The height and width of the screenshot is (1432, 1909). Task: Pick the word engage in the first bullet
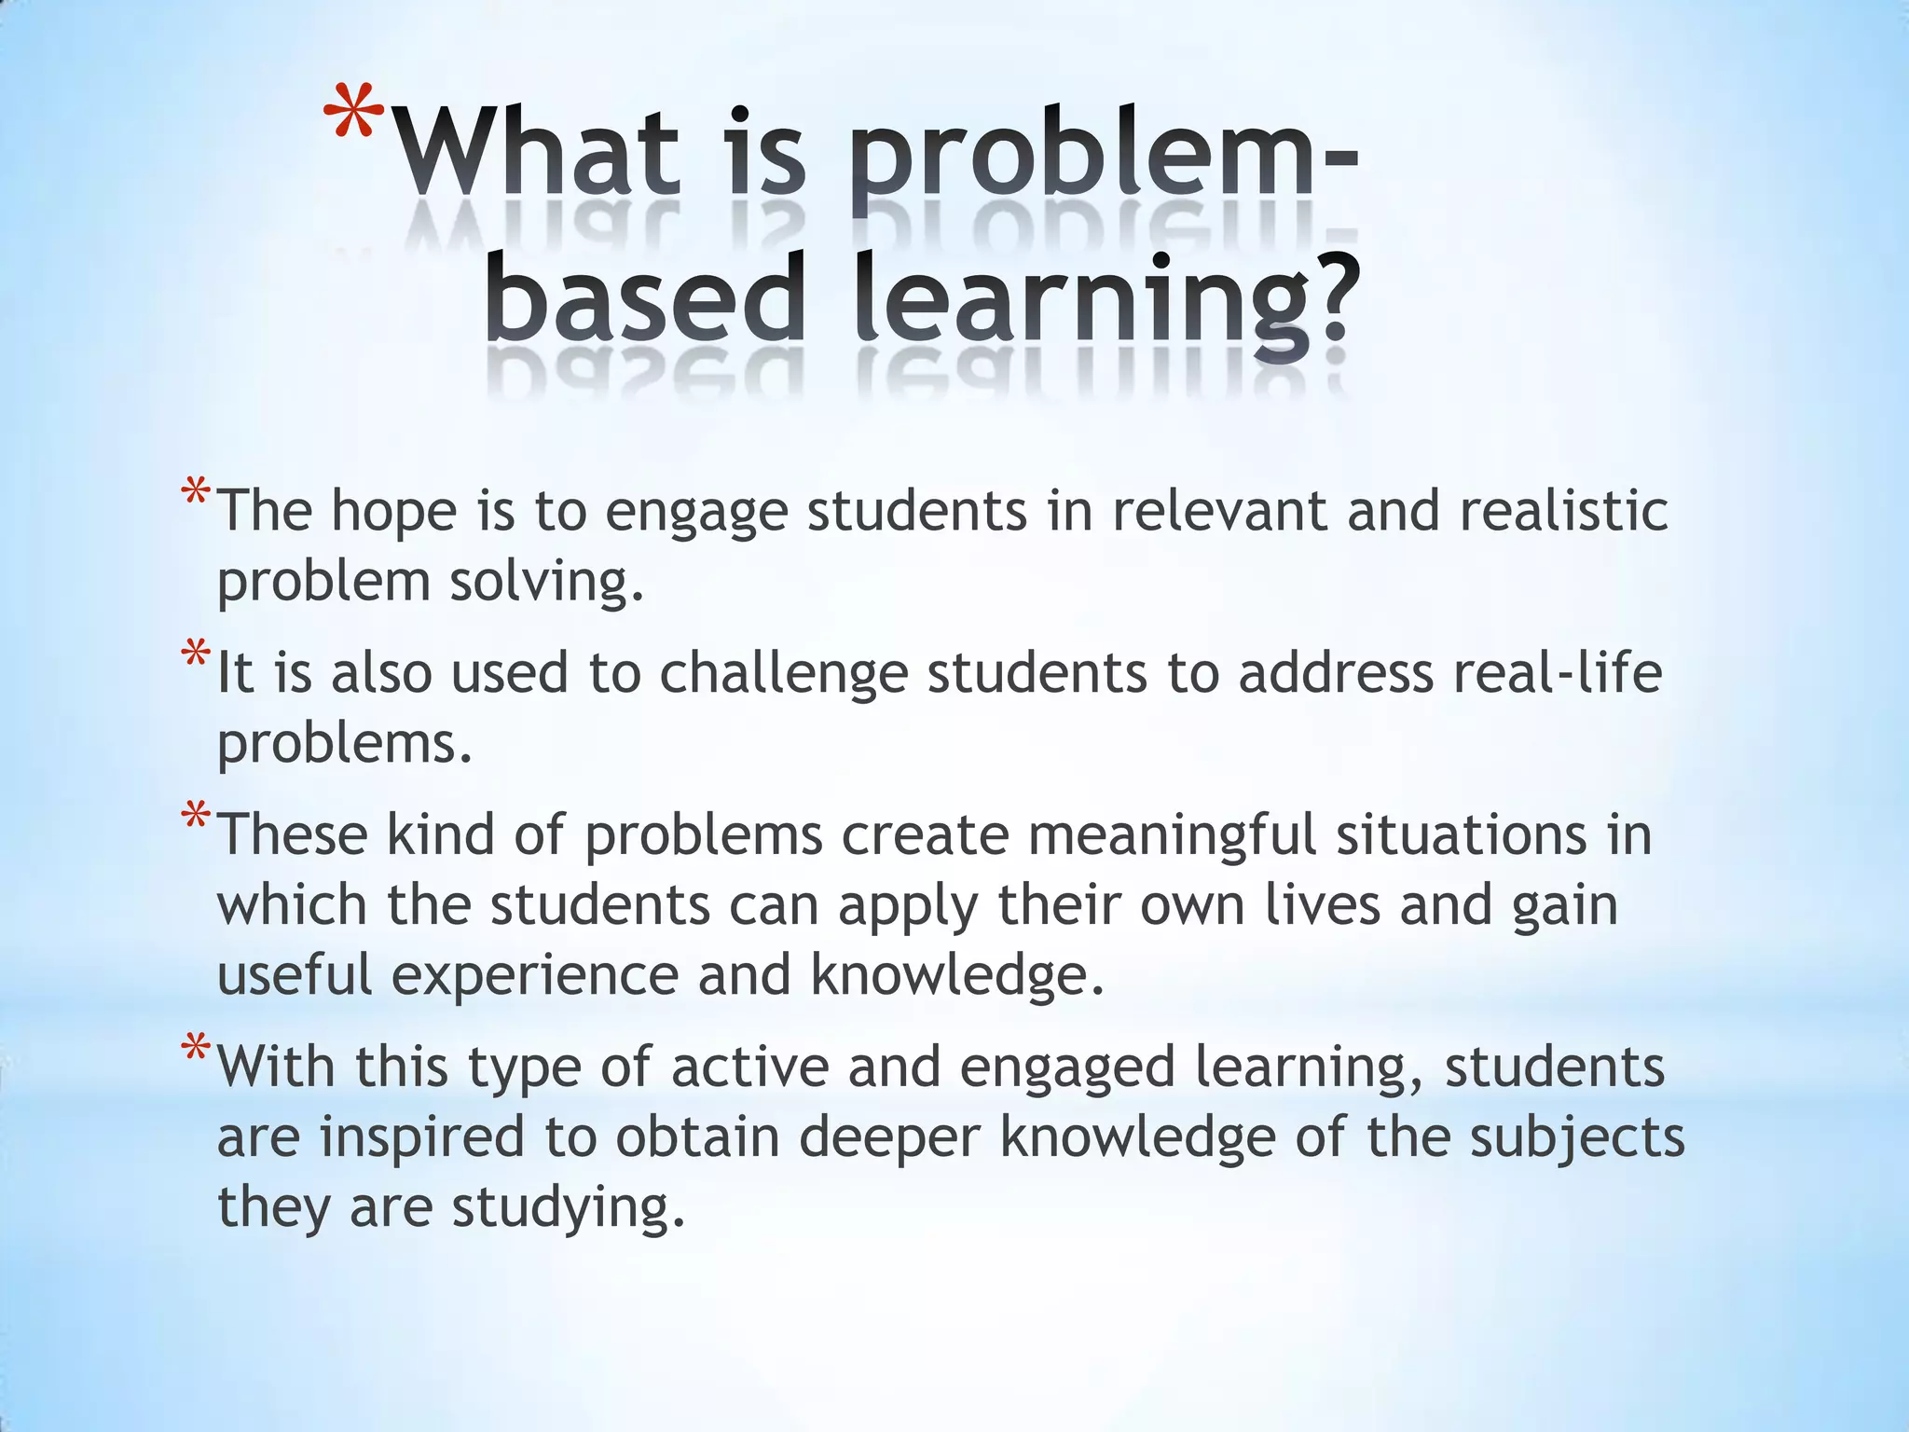click(695, 514)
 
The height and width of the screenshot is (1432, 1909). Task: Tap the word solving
click(545, 583)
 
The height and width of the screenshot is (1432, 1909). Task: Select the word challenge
click(783, 674)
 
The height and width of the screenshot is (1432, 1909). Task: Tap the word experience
click(535, 977)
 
